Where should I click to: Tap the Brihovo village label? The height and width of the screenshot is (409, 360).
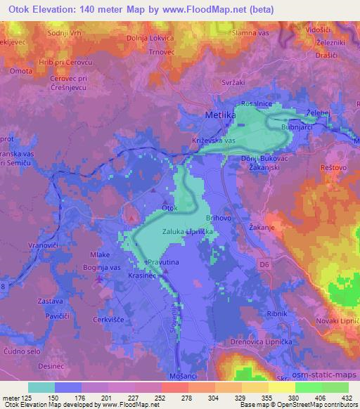coord(219,219)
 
